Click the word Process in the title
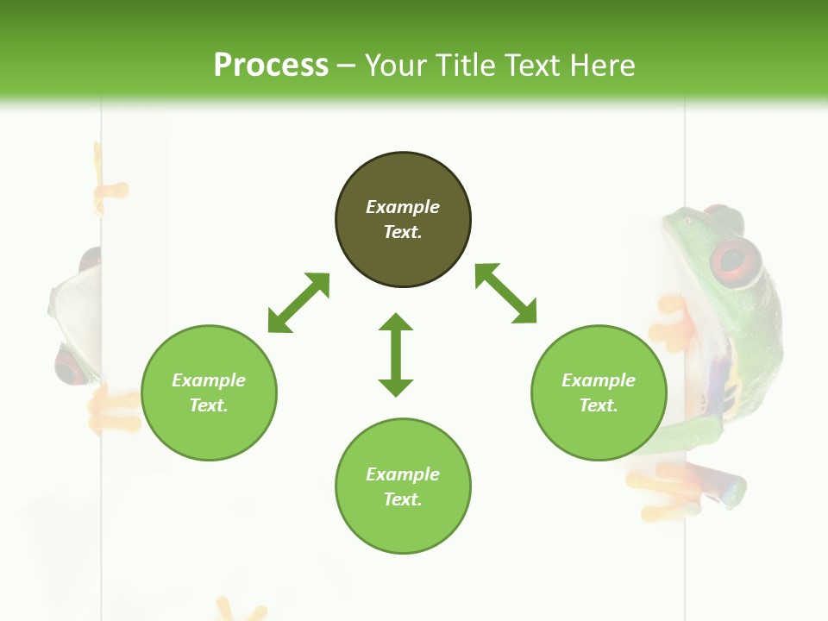pos(271,66)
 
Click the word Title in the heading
pos(467,66)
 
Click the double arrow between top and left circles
pos(298,303)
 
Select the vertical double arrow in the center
pos(396,354)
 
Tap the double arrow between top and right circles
pos(506,294)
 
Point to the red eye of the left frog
pos(69,366)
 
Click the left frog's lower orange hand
pos(112,411)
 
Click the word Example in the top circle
pos(403,207)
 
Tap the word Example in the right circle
pos(599,380)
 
